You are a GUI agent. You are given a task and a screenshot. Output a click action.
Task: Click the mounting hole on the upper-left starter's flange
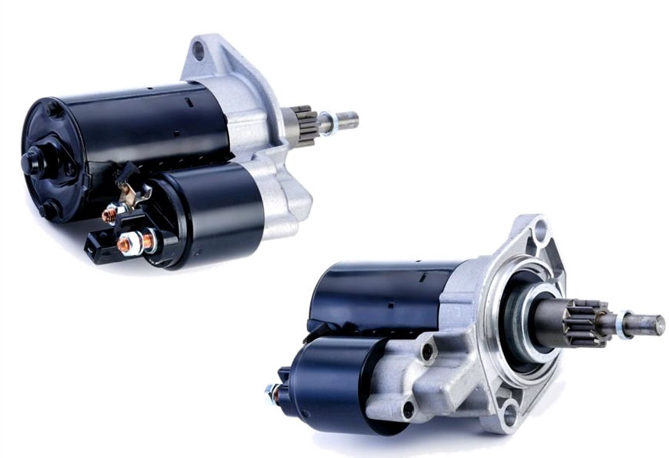pyautogui.click(x=199, y=51)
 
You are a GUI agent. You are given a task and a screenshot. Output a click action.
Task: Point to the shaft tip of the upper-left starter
pyautogui.click(x=347, y=119)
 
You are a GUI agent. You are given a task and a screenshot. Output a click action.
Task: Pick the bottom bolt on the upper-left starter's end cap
pyautogui.click(x=51, y=208)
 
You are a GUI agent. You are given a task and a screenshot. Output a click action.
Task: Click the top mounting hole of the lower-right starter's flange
pyautogui.click(x=540, y=227)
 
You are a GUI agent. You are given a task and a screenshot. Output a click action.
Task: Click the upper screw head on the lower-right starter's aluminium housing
pyautogui.click(x=428, y=353)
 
